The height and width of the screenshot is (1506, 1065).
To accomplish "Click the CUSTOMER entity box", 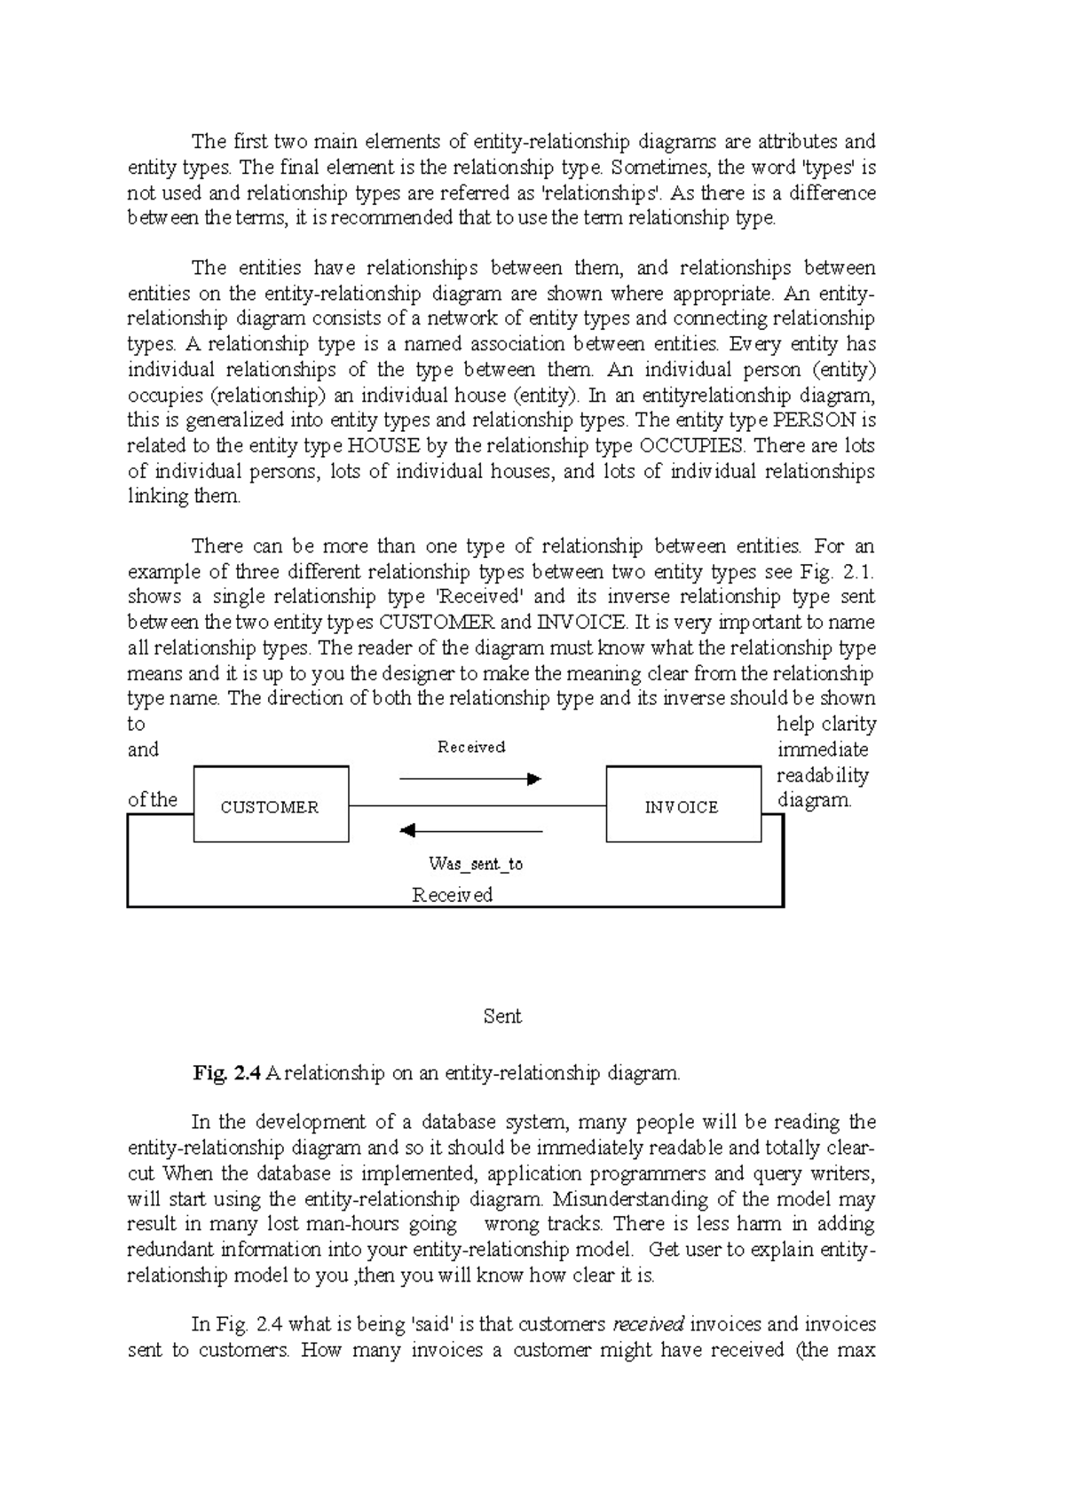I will pos(271,806).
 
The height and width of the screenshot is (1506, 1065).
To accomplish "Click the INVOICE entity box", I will pos(682,806).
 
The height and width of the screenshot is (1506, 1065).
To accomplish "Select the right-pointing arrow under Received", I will pos(470,779).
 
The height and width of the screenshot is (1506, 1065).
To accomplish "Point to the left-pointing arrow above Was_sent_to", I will pos(470,831).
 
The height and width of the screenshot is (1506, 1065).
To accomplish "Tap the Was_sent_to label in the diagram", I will pos(476,863).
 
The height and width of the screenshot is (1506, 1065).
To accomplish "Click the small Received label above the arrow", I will pos(471,747).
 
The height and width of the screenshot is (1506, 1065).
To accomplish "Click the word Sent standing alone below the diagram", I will pos(502,1016).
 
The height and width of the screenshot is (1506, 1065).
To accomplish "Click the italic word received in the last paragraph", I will pos(648,1325).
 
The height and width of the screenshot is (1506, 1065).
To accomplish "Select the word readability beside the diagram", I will pos(822,775).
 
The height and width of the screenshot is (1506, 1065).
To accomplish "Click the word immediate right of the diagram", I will pos(822,749).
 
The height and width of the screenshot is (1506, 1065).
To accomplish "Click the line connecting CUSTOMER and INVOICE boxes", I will pos(477,805).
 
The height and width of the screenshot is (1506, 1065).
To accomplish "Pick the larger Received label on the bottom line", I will pos(453,894).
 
